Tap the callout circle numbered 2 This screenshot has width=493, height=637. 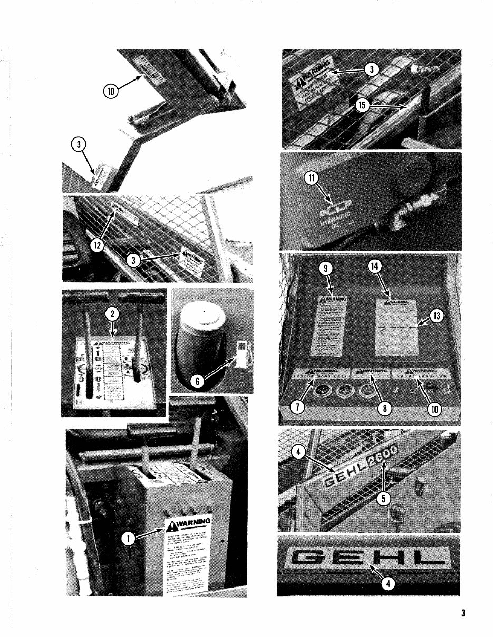(x=112, y=314)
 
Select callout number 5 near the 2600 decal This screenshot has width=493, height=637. (x=385, y=498)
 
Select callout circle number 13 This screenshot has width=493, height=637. (x=437, y=315)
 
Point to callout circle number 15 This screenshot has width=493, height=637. (x=362, y=105)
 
